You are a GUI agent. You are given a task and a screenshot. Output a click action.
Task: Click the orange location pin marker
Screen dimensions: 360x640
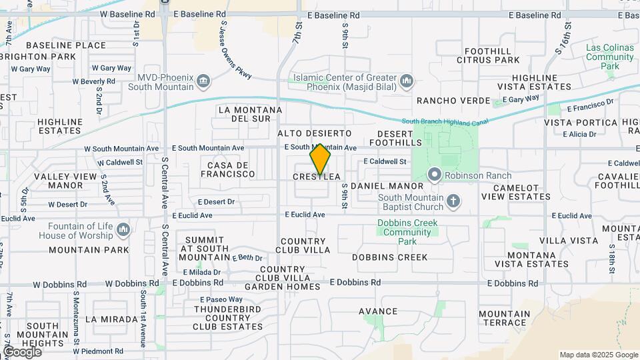[x=321, y=159]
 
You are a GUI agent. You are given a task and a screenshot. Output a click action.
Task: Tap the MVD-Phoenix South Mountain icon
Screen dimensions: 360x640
[x=204, y=82]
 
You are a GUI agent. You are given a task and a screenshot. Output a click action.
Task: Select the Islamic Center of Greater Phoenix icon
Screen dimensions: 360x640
[x=407, y=82]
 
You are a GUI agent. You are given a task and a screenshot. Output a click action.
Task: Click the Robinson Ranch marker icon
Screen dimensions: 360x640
[x=435, y=175]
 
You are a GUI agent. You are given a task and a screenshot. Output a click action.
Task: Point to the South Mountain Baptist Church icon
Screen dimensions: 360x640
[x=453, y=201]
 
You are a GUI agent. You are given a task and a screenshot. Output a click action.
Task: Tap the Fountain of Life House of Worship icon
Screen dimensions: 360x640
[x=123, y=231]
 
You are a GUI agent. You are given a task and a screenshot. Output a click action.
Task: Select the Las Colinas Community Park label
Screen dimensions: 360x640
[x=609, y=57]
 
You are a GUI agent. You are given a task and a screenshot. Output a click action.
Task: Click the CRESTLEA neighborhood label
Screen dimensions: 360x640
[x=317, y=177]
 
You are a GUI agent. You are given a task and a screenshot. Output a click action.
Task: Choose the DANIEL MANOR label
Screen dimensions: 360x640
[x=387, y=186]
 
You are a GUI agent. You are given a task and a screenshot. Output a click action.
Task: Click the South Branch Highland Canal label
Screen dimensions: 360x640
[x=445, y=121]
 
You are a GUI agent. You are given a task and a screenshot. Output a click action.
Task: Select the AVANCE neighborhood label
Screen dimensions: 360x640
[x=378, y=311]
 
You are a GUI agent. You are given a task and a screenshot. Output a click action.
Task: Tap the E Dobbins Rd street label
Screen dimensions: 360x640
[x=355, y=283]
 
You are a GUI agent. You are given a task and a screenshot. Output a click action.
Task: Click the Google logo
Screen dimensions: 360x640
[x=22, y=352]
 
